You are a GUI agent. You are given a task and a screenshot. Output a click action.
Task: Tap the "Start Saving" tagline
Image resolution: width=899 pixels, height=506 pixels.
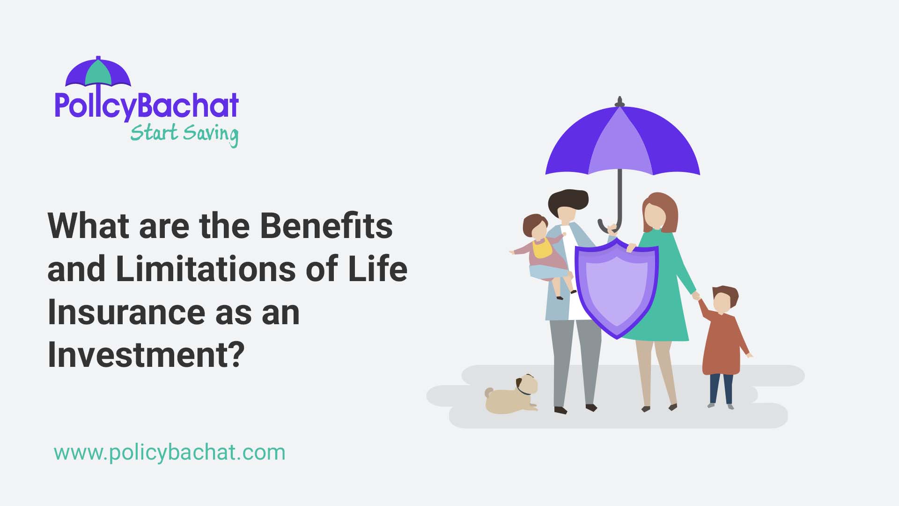pos(184,134)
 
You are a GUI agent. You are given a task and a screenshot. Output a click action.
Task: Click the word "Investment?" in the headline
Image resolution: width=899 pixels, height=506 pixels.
pos(146,355)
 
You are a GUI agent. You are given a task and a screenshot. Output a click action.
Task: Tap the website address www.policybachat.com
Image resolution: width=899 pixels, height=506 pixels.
pos(169,453)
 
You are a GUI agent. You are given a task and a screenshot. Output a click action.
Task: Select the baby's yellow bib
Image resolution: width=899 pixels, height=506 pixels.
pos(542,248)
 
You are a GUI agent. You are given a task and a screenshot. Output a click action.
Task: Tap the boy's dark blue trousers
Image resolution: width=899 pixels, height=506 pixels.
pos(721,388)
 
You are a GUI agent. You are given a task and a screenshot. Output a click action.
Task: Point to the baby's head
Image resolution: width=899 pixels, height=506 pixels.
pos(536,226)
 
